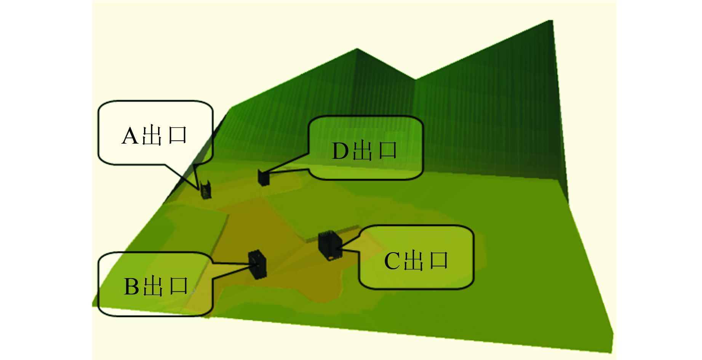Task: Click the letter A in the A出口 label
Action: tap(130, 136)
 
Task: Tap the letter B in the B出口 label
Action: tap(132, 287)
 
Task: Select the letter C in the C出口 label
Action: tap(392, 261)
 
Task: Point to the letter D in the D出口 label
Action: tap(340, 151)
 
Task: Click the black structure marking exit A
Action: tap(206, 190)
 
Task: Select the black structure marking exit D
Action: tap(263, 178)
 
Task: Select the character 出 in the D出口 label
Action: tap(364, 150)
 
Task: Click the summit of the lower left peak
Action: tap(357, 49)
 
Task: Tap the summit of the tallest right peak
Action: tap(552, 21)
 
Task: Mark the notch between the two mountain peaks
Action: tap(415, 79)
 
